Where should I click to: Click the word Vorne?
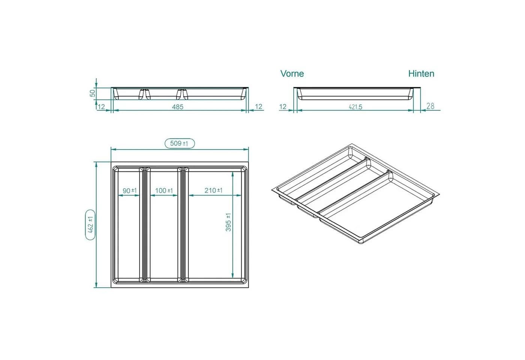point(292,73)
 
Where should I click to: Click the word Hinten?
point(421,73)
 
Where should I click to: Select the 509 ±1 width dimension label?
point(179,143)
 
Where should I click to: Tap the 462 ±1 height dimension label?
point(90,225)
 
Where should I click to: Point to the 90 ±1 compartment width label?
point(130,190)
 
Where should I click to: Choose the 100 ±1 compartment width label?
point(164,190)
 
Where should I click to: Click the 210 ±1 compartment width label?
point(213,190)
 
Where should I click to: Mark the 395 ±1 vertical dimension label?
point(228,222)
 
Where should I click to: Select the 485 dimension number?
point(178,107)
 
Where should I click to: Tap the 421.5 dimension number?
point(355,107)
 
